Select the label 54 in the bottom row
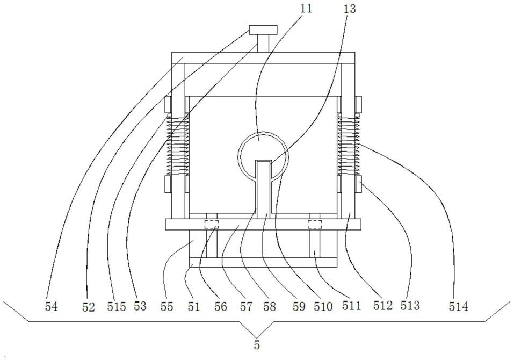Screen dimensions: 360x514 coord(52,307)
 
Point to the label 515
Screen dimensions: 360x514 coord(116,307)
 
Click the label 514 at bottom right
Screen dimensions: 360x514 coord(459,307)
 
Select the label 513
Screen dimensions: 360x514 coord(409,306)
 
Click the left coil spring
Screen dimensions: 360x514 coord(177,145)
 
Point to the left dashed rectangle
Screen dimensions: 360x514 coord(211,224)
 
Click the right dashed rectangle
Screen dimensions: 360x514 coord(314,224)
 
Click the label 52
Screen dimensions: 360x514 coord(89,307)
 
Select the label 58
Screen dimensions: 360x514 coord(270,307)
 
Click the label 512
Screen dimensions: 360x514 coord(383,307)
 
